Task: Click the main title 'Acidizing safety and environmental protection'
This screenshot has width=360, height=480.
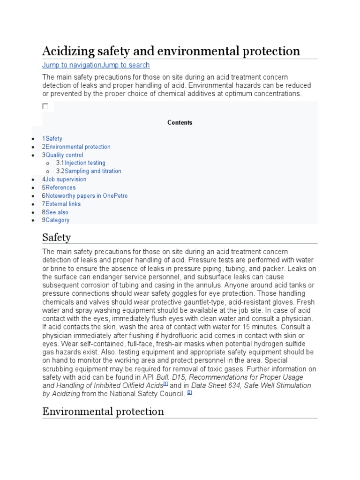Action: pyautogui.click(x=171, y=51)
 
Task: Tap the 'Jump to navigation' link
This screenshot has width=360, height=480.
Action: pyautogui.click(x=72, y=65)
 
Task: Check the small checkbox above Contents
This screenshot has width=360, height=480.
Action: pyautogui.click(x=45, y=106)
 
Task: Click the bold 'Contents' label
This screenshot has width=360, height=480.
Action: pyautogui.click(x=180, y=122)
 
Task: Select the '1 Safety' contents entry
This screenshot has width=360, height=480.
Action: pyautogui.click(x=52, y=139)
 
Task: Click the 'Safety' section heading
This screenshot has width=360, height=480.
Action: pyautogui.click(x=57, y=237)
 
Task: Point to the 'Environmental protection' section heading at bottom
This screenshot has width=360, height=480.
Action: pyautogui.click(x=103, y=412)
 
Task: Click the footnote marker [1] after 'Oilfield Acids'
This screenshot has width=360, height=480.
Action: pyautogui.click(x=165, y=383)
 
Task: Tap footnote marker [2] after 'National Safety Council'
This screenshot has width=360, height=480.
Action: pyautogui.click(x=189, y=392)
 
